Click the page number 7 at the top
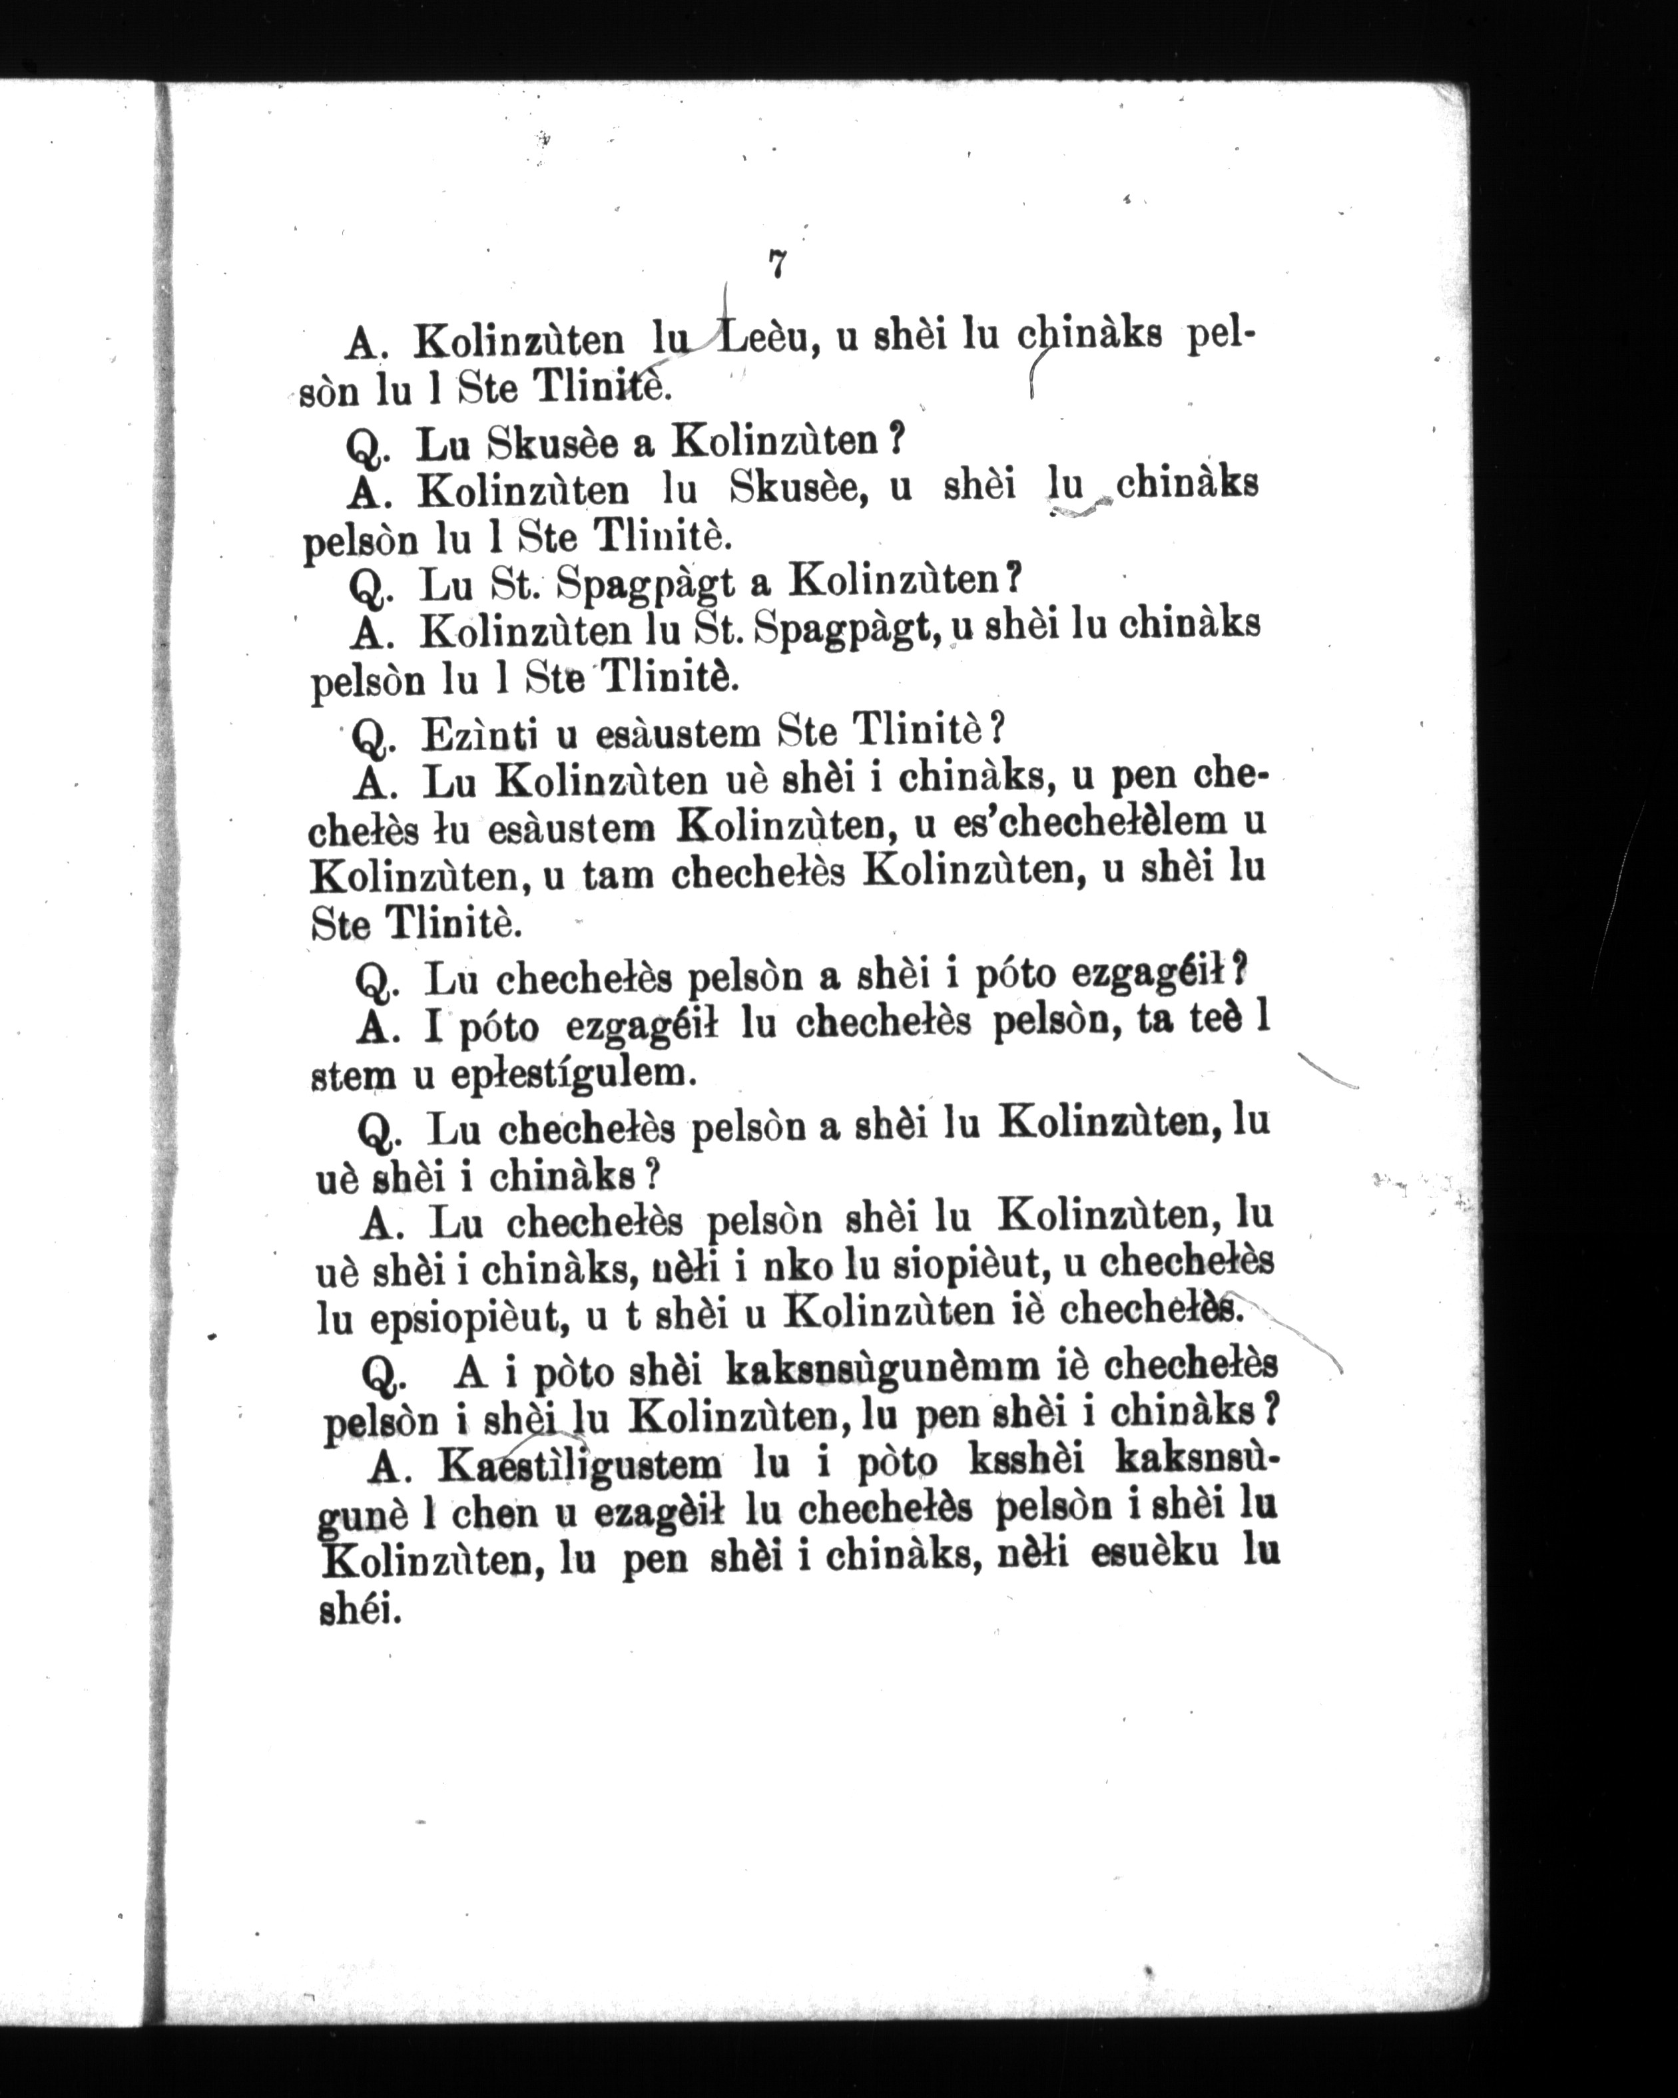(776, 265)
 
